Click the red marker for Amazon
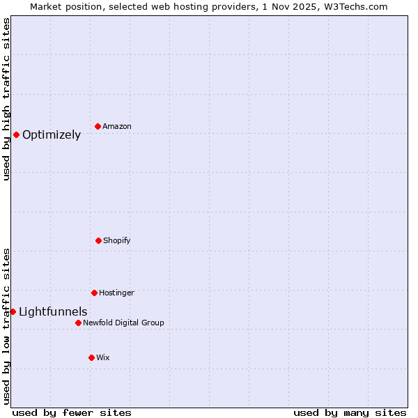click(x=98, y=126)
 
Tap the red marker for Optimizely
click(x=16, y=134)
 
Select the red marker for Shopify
click(x=98, y=240)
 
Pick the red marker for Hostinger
click(x=94, y=293)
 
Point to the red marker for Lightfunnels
click(x=13, y=311)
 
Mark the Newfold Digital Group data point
click(x=78, y=323)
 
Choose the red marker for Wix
click(x=91, y=357)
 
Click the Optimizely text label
click(x=52, y=135)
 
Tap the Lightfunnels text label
click(x=53, y=312)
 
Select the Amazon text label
click(x=117, y=127)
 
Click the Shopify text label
click(x=117, y=241)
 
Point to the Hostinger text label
click(x=116, y=293)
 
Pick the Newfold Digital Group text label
click(x=123, y=323)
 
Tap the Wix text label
click(x=103, y=358)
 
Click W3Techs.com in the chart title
click(x=355, y=6)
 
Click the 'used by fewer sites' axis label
click(x=72, y=412)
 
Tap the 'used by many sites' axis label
click(x=350, y=412)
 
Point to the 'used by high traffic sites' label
click(x=6, y=99)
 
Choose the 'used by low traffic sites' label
click(x=6, y=325)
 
